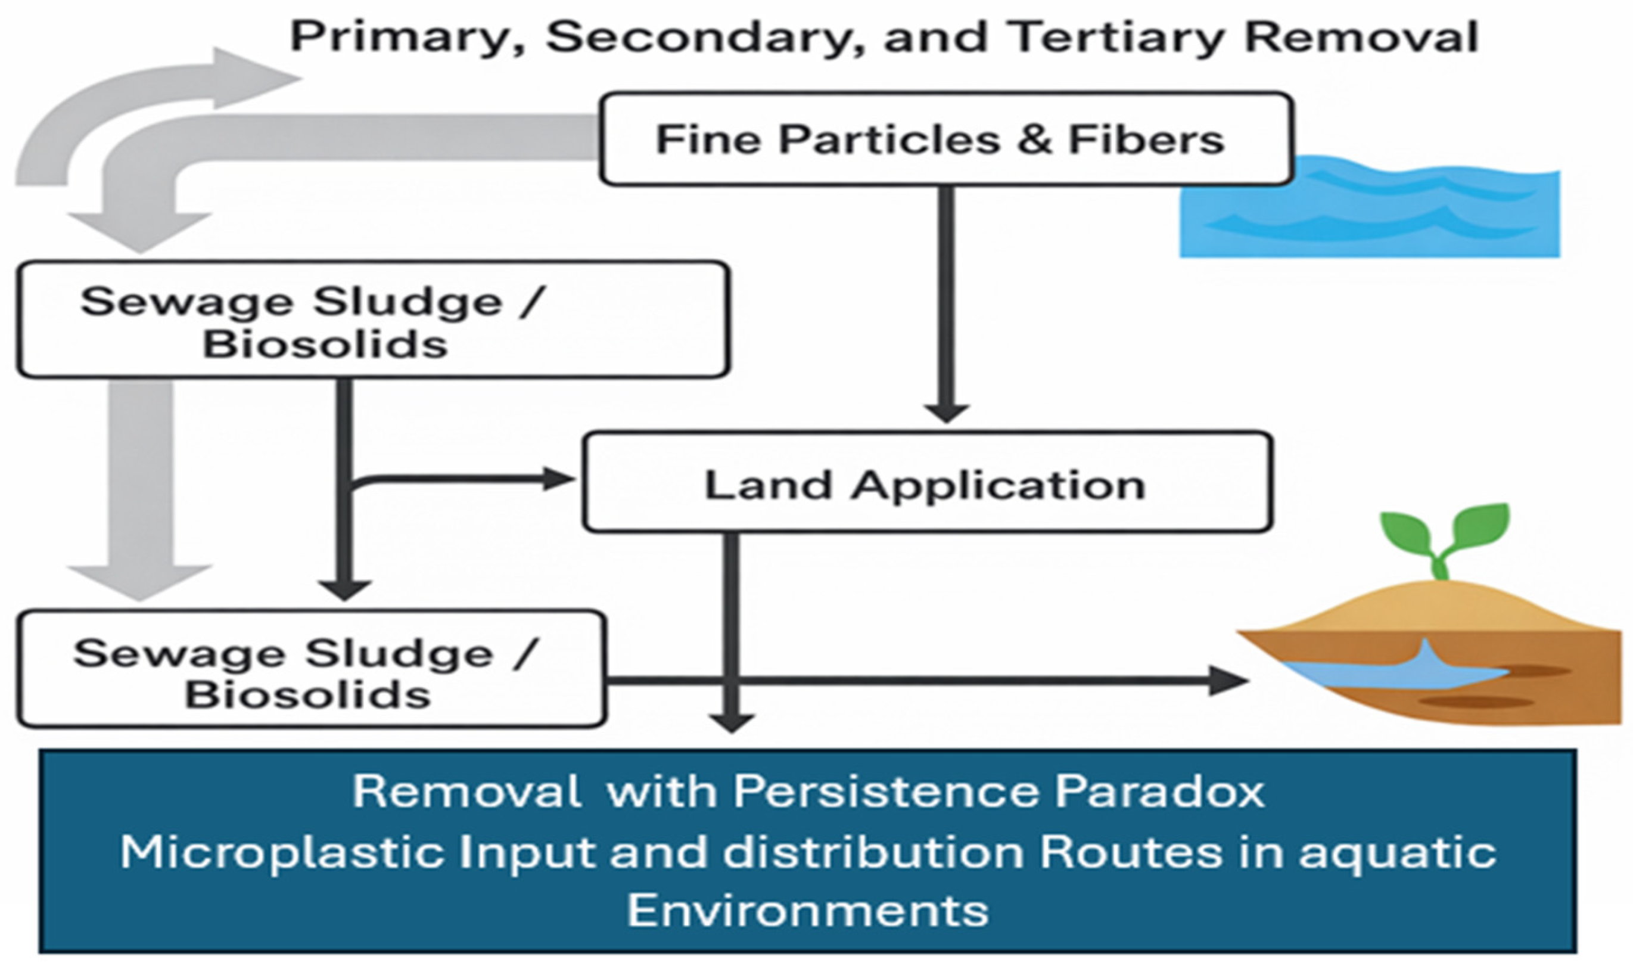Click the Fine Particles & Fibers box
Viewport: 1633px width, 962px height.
pyautogui.click(x=946, y=139)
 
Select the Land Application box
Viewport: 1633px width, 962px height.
pyautogui.click(x=926, y=482)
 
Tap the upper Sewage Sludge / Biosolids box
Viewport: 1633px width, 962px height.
pyautogui.click(x=374, y=319)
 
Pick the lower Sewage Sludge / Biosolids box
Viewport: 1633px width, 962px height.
pyautogui.click(x=312, y=668)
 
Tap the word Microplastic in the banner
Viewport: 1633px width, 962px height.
pyautogui.click(x=283, y=852)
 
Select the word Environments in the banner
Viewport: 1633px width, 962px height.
pyautogui.click(x=807, y=910)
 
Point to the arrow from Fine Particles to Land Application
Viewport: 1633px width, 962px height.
pyautogui.click(x=946, y=304)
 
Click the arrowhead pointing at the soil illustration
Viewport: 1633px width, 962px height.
pyautogui.click(x=1227, y=681)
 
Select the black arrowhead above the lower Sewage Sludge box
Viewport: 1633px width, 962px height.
pyautogui.click(x=345, y=589)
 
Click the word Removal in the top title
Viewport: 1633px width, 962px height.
pyautogui.click(x=1361, y=37)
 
